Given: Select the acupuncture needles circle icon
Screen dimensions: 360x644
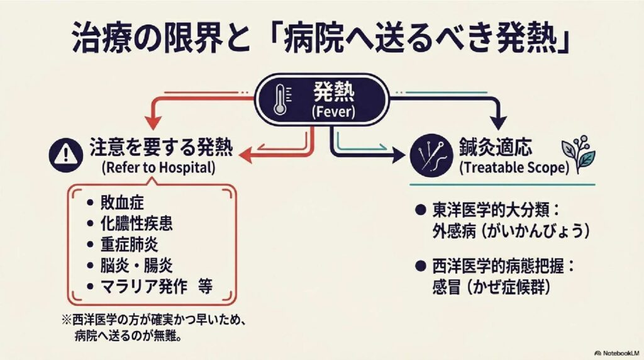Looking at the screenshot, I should (x=426, y=153).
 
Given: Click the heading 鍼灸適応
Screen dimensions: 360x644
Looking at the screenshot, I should (x=495, y=149).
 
